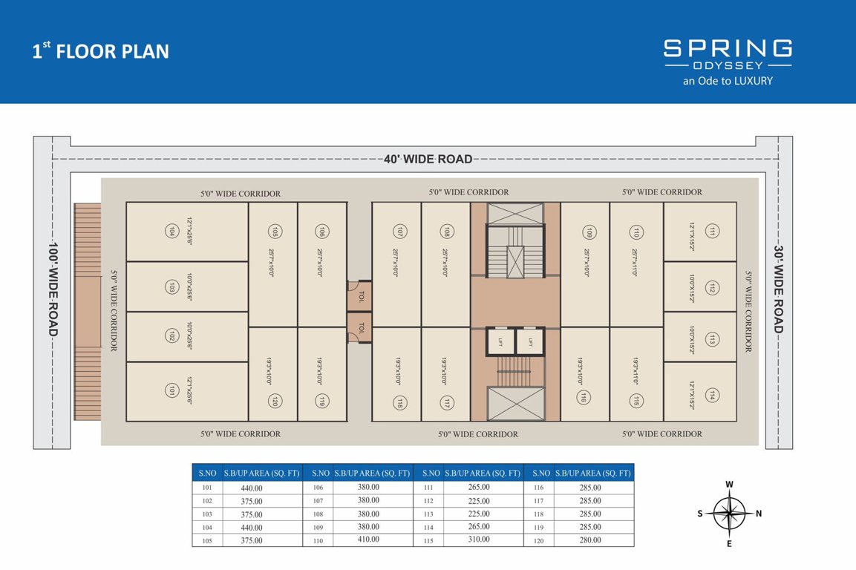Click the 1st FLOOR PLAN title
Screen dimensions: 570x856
click(100, 51)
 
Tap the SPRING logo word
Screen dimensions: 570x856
click(727, 49)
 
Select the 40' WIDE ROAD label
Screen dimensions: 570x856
click(428, 159)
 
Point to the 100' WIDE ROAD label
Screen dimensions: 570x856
click(53, 289)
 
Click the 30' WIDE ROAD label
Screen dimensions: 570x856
click(778, 289)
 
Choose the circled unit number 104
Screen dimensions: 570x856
click(171, 231)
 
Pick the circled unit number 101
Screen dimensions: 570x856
click(171, 391)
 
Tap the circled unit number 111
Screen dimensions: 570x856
click(712, 231)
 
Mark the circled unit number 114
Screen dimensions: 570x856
click(712, 394)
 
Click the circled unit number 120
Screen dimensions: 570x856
click(274, 402)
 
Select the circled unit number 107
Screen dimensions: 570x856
click(399, 231)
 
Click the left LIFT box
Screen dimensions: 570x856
click(500, 342)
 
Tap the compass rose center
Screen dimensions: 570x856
click(729, 513)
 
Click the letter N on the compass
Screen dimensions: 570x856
click(758, 513)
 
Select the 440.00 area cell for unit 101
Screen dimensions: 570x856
click(252, 488)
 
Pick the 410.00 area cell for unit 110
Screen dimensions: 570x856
click(367, 540)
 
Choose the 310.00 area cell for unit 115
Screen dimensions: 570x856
click(478, 540)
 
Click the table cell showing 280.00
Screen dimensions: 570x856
click(589, 540)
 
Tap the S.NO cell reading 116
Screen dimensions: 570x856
click(538, 488)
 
